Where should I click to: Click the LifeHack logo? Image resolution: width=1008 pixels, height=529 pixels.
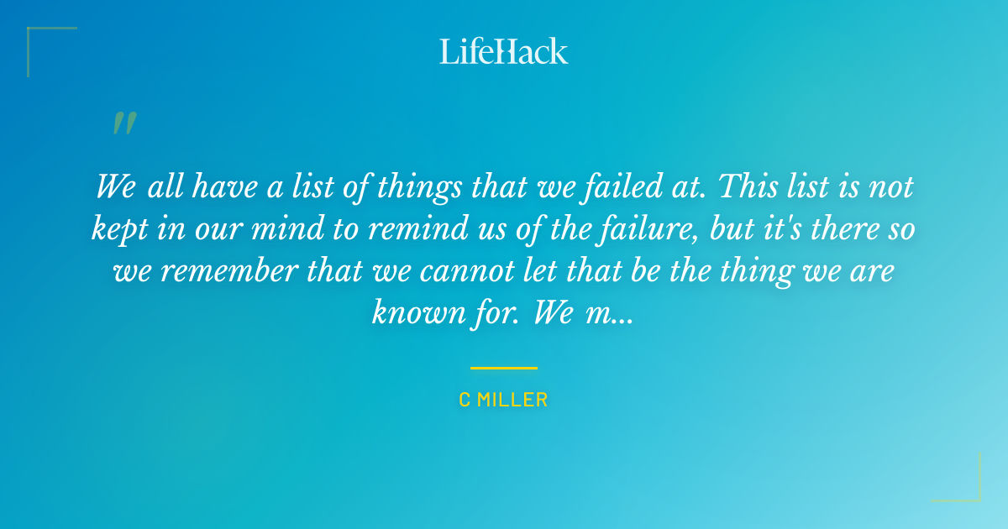tap(504, 51)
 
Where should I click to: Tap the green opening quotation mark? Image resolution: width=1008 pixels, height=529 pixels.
tap(123, 123)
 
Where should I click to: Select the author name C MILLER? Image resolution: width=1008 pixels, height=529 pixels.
tap(503, 401)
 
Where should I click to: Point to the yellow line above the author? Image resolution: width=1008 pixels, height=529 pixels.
tap(503, 368)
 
